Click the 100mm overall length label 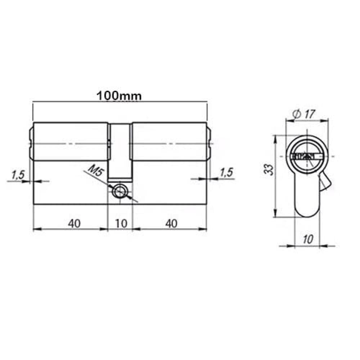119,96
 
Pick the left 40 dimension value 74,224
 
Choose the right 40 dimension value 171,224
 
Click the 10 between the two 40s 121,224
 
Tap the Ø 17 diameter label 305,114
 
